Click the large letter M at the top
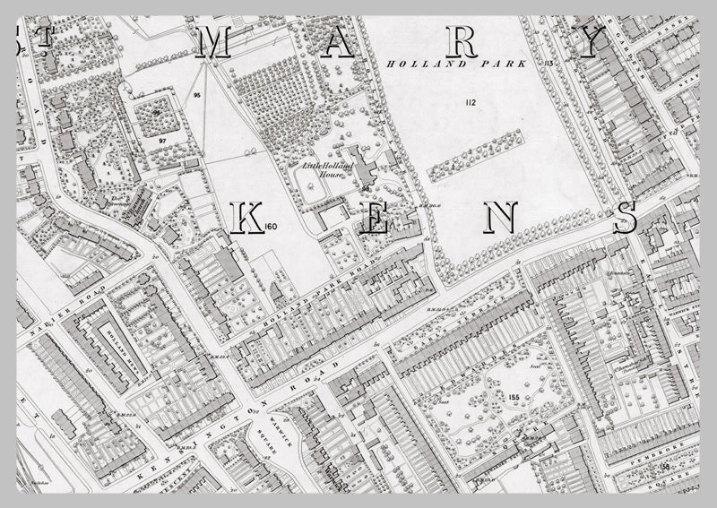pos(212,43)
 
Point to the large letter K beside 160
pos(247,220)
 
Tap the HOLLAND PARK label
pos(428,65)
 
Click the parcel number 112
pos(470,104)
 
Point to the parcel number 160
pos(273,227)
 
